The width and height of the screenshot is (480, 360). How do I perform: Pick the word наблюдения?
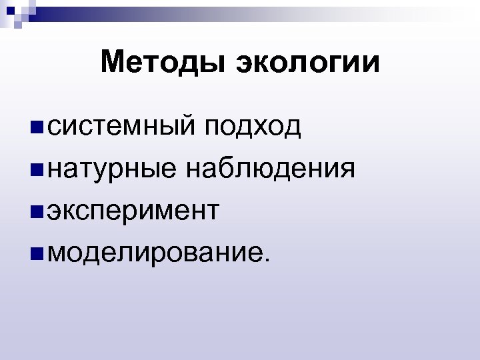tap(269, 169)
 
